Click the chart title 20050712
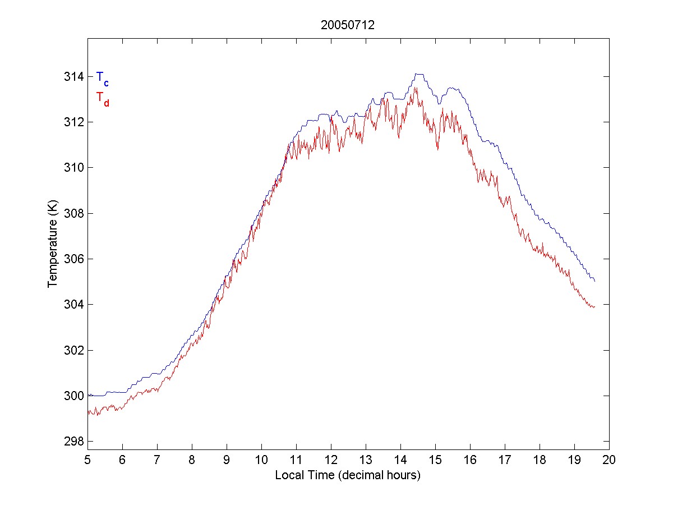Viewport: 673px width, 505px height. pyautogui.click(x=348, y=25)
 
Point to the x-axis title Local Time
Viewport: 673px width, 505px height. pyautogui.click(x=348, y=475)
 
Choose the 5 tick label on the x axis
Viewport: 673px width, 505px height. pyautogui.click(x=87, y=461)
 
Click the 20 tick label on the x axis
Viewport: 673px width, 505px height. pyautogui.click(x=610, y=461)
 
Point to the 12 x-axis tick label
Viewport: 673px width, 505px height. pyautogui.click(x=331, y=461)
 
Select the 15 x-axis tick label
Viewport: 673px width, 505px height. pyautogui.click(x=435, y=461)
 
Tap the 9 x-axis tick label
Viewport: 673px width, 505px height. pyautogui.click(x=227, y=461)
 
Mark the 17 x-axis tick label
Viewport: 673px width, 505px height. pyautogui.click(x=505, y=461)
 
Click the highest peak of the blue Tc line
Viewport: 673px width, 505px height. pyautogui.click(x=418, y=74)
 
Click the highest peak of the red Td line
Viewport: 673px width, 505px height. pyautogui.click(x=415, y=87)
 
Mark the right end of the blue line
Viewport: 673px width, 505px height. pyautogui.click(x=594, y=281)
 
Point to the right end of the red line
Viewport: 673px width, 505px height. pyautogui.click(x=594, y=306)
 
